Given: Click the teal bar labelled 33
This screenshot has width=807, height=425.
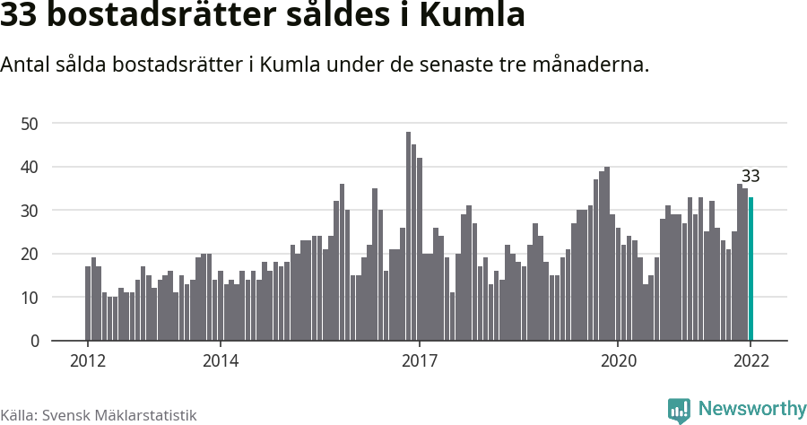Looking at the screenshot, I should pos(751,269).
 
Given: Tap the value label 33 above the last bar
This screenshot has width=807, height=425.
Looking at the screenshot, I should pos(751,176).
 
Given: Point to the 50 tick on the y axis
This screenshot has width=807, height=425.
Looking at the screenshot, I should pos(31,123).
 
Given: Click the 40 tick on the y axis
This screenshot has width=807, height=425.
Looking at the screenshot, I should pos(31,167).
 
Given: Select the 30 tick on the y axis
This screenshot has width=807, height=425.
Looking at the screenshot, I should pos(31,210).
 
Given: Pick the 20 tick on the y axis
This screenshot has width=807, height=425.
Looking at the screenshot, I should pos(31,254).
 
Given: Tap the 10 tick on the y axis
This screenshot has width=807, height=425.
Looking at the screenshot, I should pos(31,297).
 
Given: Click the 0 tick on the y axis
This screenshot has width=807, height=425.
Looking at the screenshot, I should pos(35,341).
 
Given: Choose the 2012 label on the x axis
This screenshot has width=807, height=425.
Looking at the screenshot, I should pos(88,360).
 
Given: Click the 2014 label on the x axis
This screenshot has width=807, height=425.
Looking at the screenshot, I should pos(221,360).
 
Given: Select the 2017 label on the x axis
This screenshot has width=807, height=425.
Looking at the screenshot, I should pos(419,360).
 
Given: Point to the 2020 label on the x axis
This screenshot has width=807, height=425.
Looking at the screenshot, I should pos(618,360).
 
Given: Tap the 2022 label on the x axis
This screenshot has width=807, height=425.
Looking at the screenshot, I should pos(751,360).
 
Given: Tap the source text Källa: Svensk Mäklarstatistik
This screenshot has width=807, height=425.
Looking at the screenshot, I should pos(99,415).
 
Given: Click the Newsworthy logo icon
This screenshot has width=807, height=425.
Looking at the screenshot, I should pos(679,410).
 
